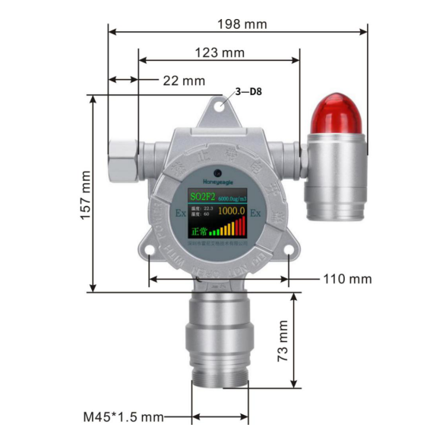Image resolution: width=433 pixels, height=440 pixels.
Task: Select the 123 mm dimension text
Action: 220,52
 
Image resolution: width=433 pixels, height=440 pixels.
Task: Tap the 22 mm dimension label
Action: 184,81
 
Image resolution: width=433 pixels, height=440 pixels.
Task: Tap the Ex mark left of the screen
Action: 180,212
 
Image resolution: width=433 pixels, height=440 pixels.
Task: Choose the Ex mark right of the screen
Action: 255,212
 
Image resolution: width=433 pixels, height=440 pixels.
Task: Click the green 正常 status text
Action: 198,229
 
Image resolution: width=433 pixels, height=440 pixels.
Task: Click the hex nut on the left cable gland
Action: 122,156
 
